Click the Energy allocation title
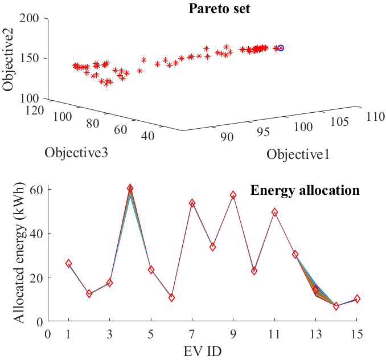pyautogui.click(x=305, y=190)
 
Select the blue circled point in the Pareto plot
pyautogui.click(x=280, y=48)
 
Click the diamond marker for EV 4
pyautogui.click(x=130, y=189)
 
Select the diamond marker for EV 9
pyautogui.click(x=233, y=195)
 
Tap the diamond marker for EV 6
pyautogui.click(x=171, y=297)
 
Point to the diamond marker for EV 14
pyautogui.click(x=336, y=306)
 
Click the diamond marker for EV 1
pyautogui.click(x=69, y=263)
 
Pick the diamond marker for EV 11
pyautogui.click(x=274, y=212)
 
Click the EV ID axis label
pyautogui.click(x=213, y=349)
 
